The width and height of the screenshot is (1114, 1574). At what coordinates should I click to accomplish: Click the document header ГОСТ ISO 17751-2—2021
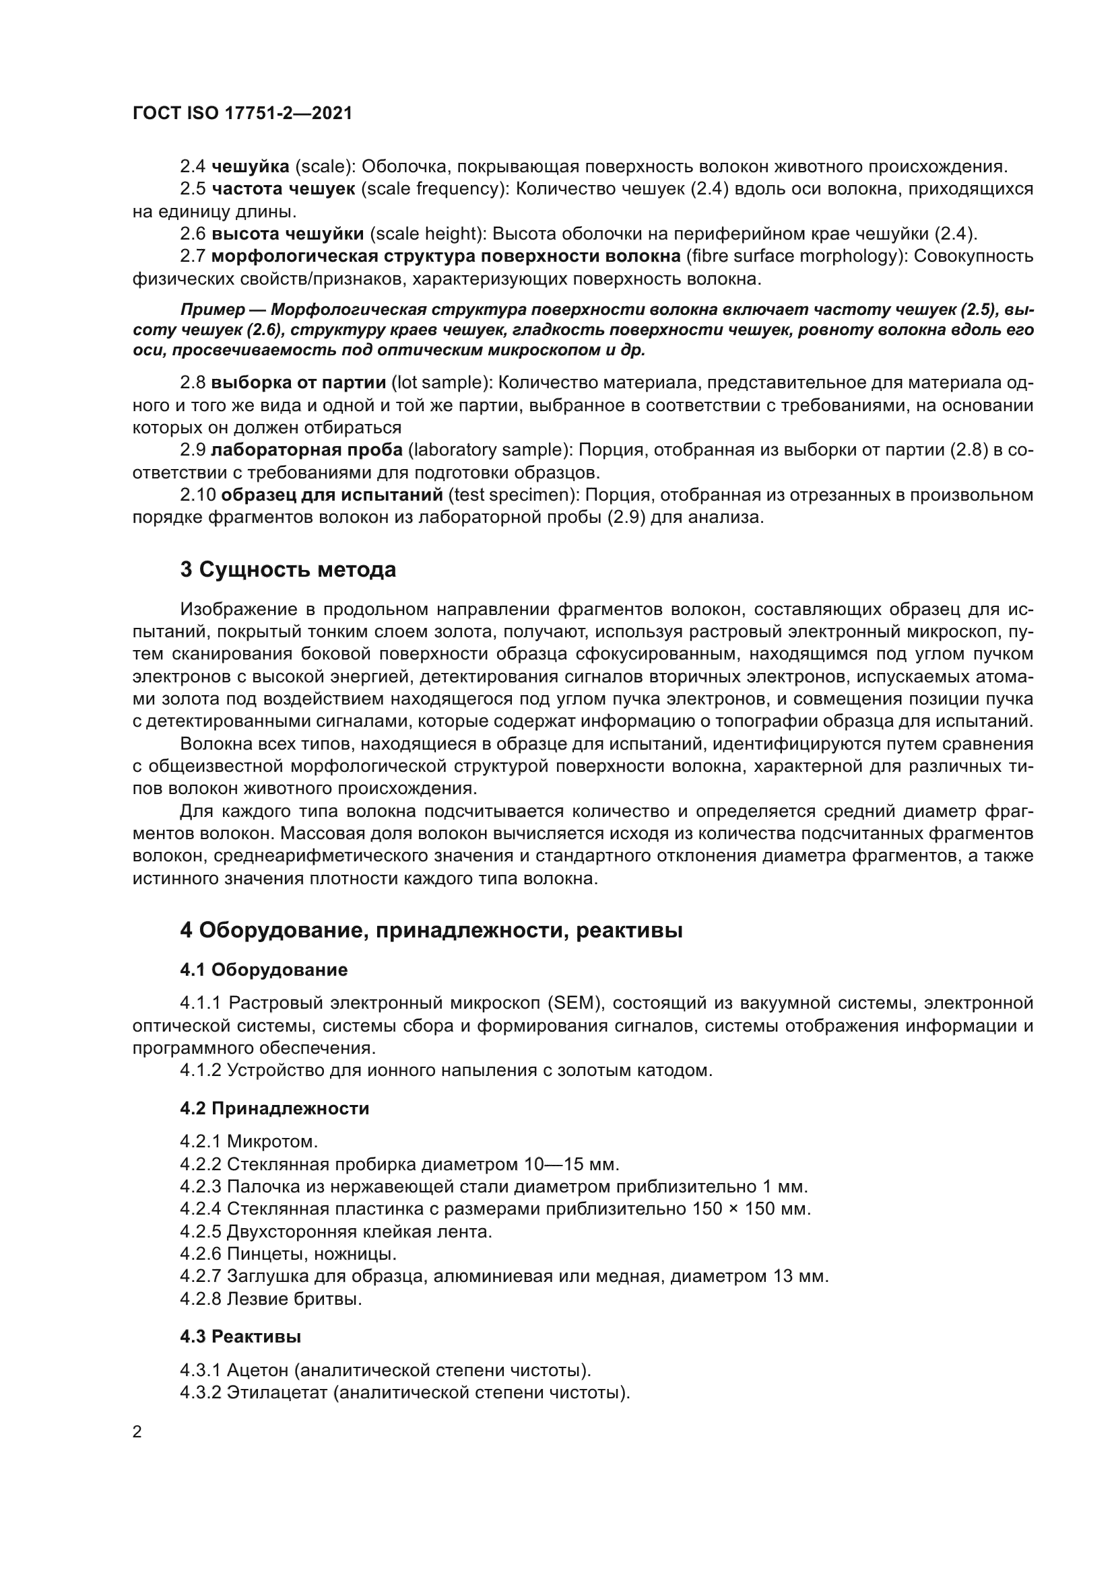tap(242, 114)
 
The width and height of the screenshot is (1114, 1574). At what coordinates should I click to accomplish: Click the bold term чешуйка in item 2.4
tap(251, 166)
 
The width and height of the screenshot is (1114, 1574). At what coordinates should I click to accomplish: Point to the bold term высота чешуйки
tap(288, 234)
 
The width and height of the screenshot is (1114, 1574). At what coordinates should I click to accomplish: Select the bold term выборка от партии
tap(298, 382)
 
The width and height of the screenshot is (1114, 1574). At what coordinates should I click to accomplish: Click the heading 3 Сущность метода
tap(288, 570)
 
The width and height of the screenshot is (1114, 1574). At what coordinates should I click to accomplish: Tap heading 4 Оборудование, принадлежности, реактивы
tap(431, 931)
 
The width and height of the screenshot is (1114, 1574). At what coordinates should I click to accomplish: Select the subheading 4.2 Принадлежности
tap(274, 1108)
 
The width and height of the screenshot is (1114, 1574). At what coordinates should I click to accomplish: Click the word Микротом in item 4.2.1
tap(271, 1142)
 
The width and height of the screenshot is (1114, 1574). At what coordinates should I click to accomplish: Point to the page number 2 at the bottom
tap(137, 1433)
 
